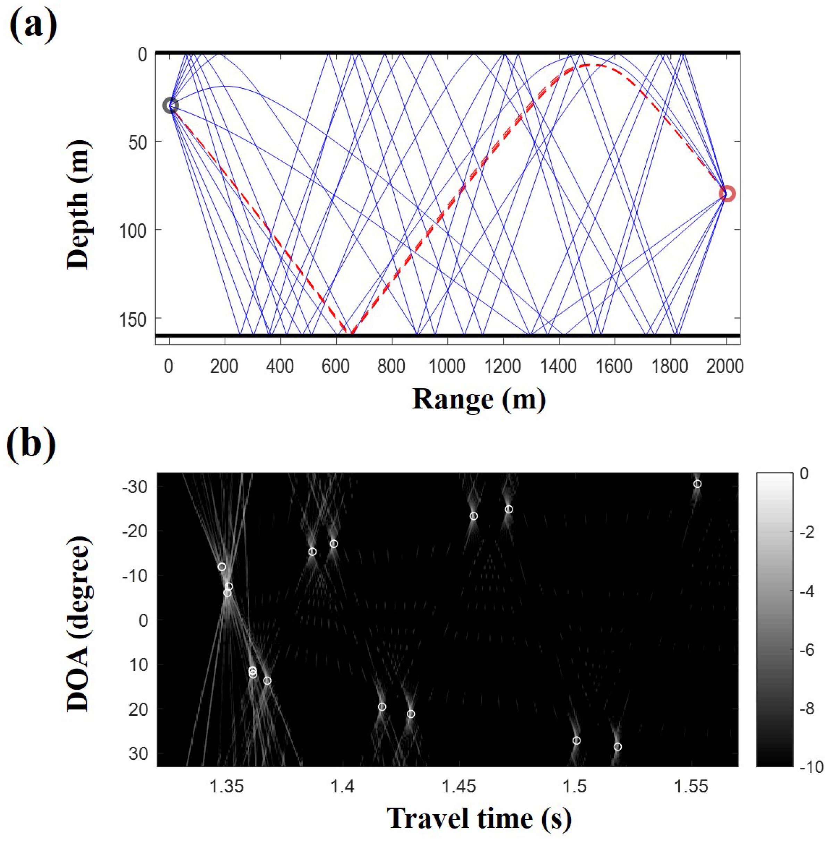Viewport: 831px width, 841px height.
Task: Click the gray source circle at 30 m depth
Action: (171, 106)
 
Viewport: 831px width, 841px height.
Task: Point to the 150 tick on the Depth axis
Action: (136, 319)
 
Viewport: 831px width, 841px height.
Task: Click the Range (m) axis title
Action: (478, 399)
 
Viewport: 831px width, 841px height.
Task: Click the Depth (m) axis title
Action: (78, 204)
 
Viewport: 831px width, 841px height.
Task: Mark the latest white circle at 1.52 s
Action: (617, 747)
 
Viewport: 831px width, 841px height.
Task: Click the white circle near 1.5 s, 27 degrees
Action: (576, 740)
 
